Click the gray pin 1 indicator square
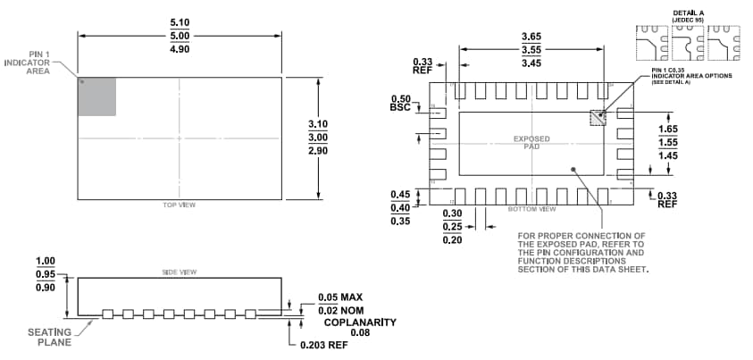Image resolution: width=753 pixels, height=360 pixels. pyautogui.click(x=97, y=96)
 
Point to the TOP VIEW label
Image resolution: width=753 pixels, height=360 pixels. pyautogui.click(x=180, y=205)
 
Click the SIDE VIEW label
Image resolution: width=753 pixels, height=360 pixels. pyautogui.click(x=180, y=272)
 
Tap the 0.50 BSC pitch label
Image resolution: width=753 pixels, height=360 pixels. pyautogui.click(x=402, y=103)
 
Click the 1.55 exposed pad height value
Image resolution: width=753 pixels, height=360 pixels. pyautogui.click(x=668, y=143)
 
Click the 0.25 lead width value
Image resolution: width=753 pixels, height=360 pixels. pyautogui.click(x=456, y=227)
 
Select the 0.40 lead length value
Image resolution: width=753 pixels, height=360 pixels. pyautogui.click(x=402, y=207)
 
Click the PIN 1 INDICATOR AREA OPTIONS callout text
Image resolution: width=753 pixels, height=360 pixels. pyautogui.click(x=691, y=76)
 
